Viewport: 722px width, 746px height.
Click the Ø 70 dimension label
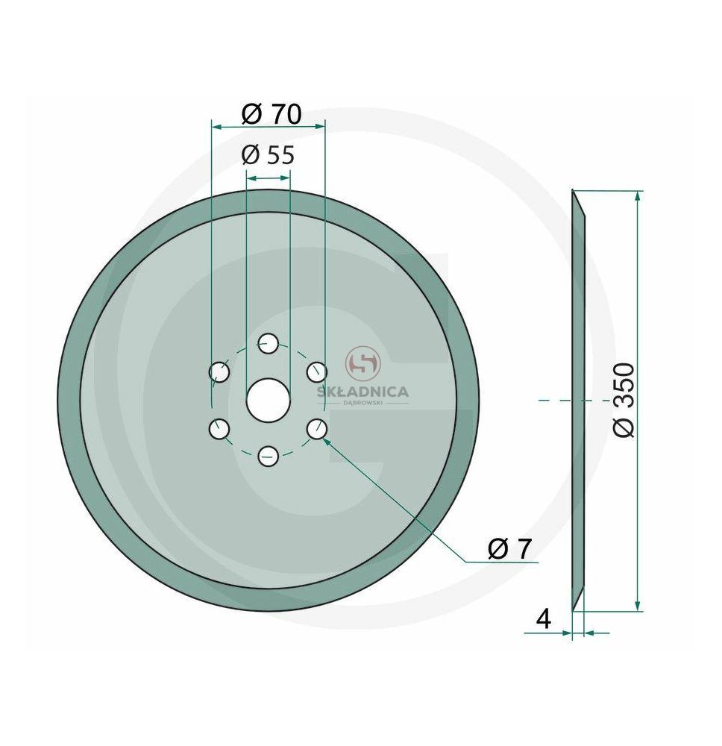[271, 114]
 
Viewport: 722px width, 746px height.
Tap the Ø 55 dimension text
[269, 155]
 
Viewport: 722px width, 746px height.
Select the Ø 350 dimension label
[624, 400]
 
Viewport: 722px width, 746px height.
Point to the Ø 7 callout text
[509, 549]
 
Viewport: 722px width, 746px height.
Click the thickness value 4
[544, 619]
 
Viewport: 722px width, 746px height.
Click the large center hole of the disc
[269, 400]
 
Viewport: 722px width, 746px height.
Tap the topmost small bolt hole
[269, 343]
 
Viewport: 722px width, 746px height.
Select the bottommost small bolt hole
[269, 457]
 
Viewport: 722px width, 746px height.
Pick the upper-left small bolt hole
[219, 372]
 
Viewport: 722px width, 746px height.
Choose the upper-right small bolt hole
[317, 372]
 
